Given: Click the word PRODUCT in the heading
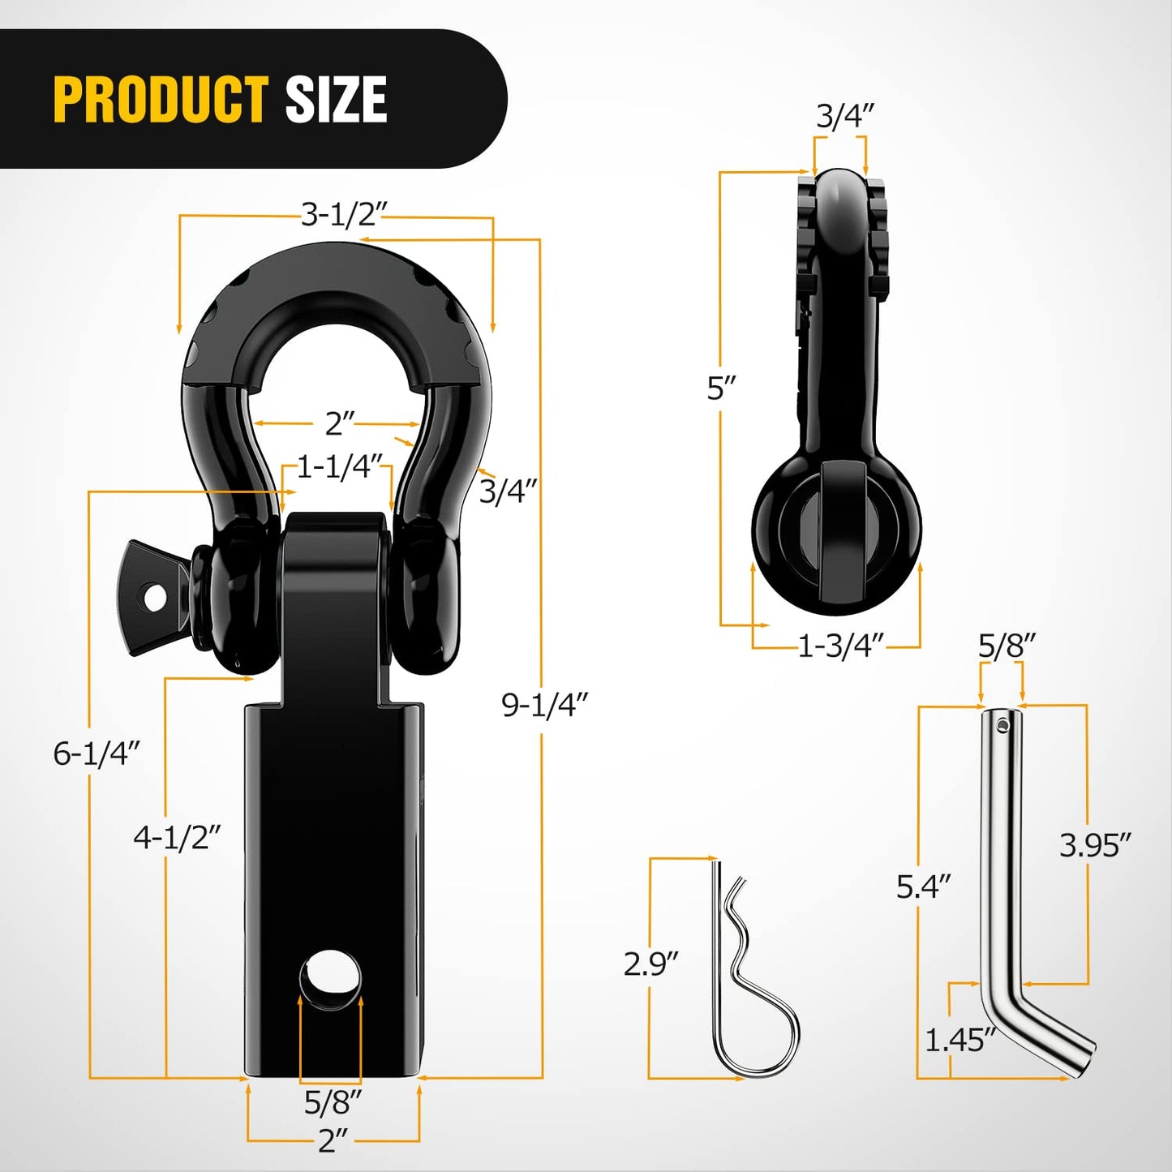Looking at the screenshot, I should coord(161,100).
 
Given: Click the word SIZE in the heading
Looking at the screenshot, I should coord(336,100).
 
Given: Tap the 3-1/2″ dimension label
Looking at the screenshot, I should coord(345,215).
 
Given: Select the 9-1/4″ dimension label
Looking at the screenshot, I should coord(543,705).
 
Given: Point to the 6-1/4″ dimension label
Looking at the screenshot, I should coord(97,753).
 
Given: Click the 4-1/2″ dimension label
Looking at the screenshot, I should coord(177,837).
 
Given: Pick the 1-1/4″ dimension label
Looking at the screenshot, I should coord(339,467).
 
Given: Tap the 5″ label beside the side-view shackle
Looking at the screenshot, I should coord(720,389).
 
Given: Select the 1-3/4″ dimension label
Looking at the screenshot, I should coord(840,646).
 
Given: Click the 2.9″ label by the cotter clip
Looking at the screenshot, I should coord(650,964).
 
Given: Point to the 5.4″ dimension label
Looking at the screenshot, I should coord(923,887).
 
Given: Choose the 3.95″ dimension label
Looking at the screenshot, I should coord(1094,846).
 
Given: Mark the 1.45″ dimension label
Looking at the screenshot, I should coord(959,1040).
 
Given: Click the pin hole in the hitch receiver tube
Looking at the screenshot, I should coord(331,970).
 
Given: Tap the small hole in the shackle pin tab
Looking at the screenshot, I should coord(155,598).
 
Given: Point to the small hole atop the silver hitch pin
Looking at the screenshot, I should coord(1004,723).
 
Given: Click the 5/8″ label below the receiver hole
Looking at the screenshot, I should coord(333,1102).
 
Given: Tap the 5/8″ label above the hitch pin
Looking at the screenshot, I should coord(1006,646).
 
